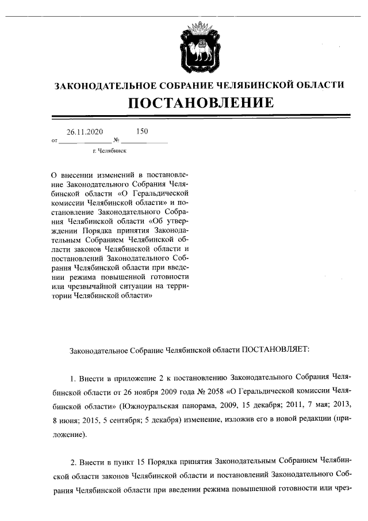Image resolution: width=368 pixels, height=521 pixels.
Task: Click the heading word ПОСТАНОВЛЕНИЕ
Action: (x=200, y=103)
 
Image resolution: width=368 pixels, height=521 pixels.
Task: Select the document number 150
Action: (x=142, y=131)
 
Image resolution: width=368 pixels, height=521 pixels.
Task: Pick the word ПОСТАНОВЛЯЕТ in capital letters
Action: (x=275, y=349)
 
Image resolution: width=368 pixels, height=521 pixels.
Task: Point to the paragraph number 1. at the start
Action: (x=73, y=376)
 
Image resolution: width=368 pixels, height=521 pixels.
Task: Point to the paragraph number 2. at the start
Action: (x=73, y=462)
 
